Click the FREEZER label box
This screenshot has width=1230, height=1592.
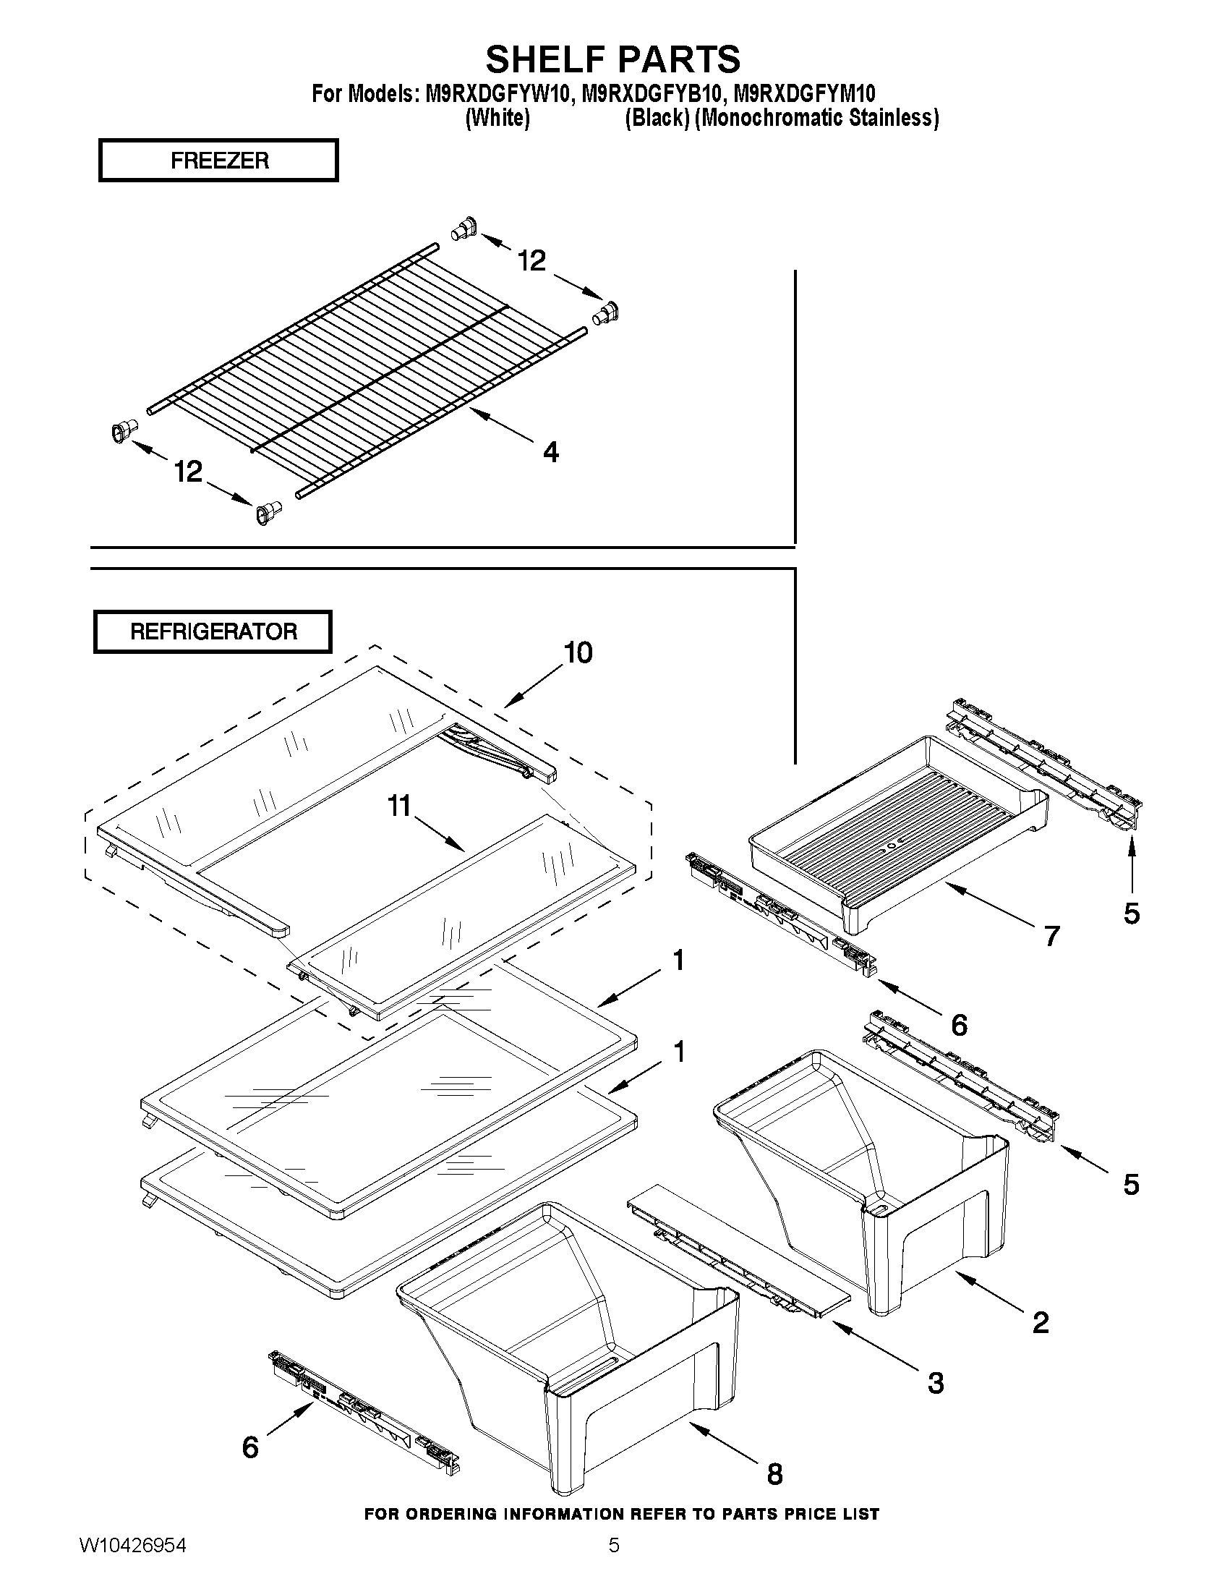[218, 161]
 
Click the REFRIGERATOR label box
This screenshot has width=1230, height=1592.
[213, 631]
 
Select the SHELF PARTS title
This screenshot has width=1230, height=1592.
[612, 59]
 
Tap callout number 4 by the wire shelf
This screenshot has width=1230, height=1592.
[551, 453]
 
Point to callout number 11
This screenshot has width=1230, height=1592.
[399, 806]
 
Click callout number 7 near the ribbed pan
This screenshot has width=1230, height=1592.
[1051, 936]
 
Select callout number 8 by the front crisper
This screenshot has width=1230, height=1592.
[774, 1474]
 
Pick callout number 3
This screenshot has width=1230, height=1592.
[936, 1383]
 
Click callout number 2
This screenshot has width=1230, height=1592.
[1041, 1322]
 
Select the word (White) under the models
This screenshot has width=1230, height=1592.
[497, 118]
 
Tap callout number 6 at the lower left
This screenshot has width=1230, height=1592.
[250, 1447]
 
